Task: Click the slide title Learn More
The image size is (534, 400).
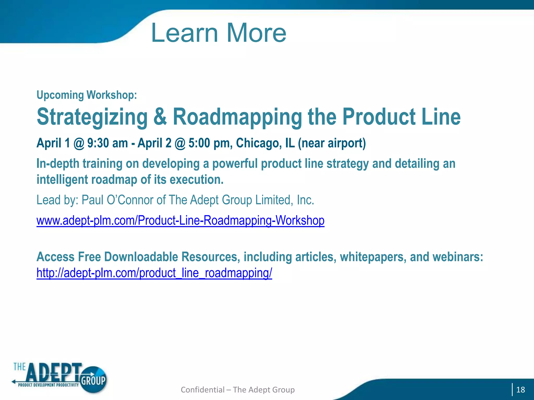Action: click(x=219, y=33)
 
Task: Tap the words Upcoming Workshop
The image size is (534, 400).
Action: click(x=87, y=95)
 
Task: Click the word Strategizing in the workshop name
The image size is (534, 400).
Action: click(x=92, y=117)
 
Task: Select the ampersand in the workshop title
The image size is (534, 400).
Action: click(x=160, y=117)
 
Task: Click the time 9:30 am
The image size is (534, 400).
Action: click(x=107, y=143)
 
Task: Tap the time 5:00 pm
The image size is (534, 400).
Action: click(x=210, y=143)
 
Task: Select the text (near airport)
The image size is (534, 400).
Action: click(x=332, y=143)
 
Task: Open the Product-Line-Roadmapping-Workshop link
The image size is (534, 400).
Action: click(x=180, y=221)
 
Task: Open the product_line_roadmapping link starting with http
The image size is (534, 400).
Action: click(x=154, y=273)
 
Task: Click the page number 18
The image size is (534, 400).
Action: click(x=520, y=390)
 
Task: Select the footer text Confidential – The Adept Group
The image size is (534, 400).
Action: click(x=238, y=390)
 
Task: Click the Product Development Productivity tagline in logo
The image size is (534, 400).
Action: click(x=48, y=385)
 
